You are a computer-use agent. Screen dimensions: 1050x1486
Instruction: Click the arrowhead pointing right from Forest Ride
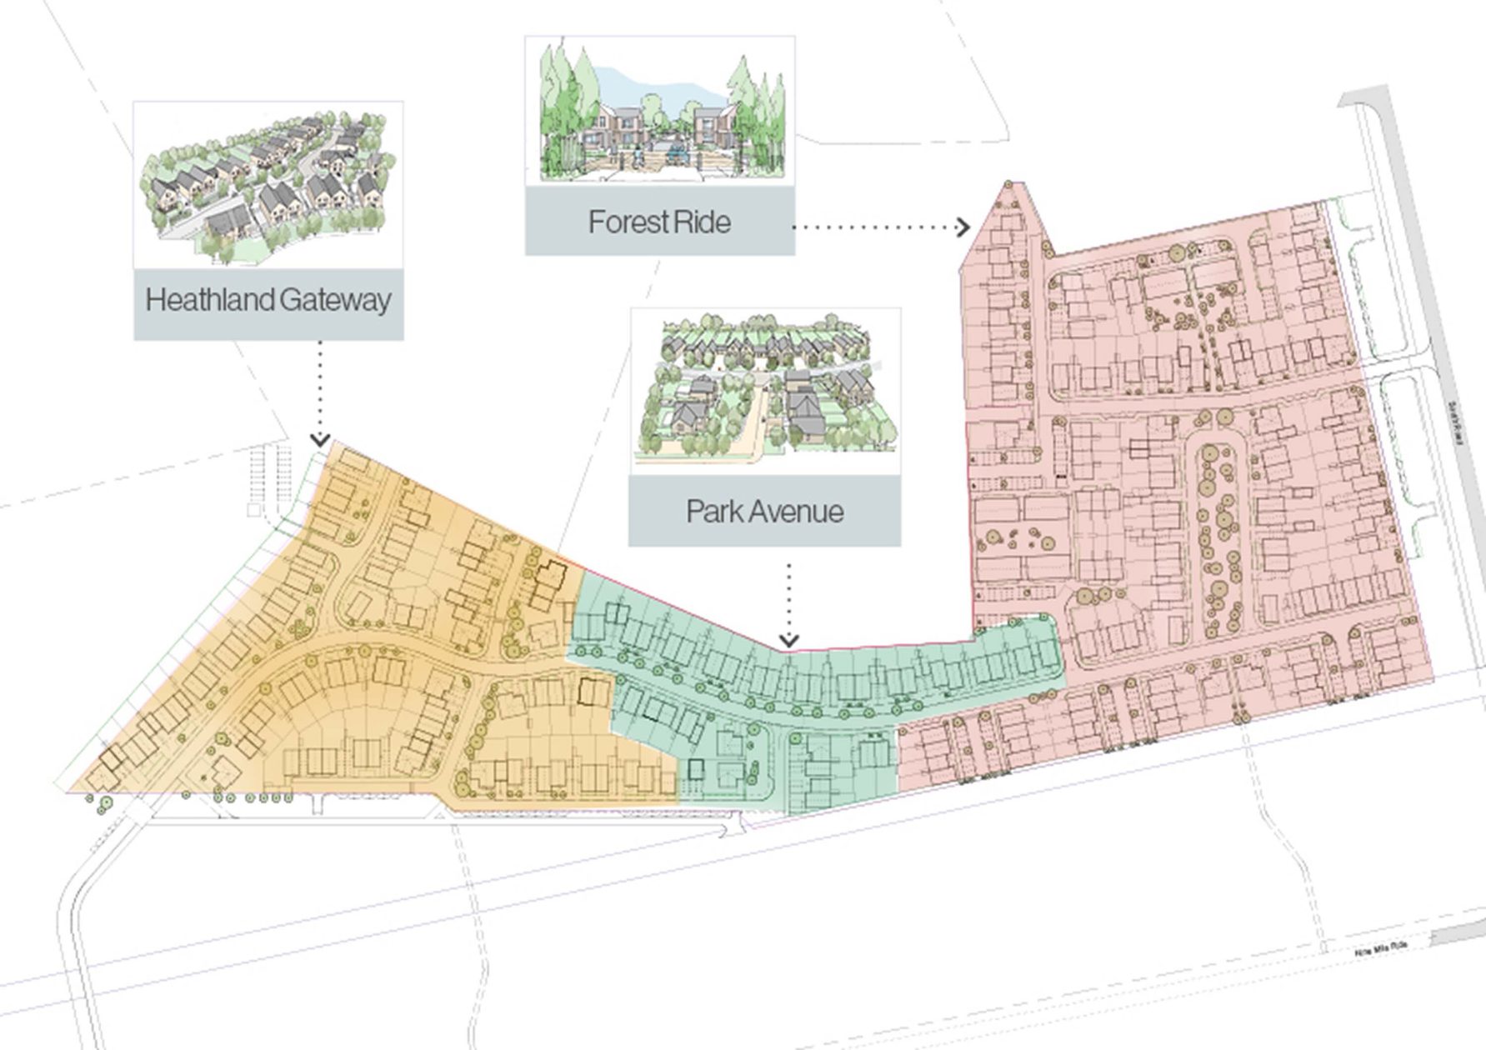point(963,227)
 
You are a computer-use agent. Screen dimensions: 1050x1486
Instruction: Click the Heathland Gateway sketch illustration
point(268,185)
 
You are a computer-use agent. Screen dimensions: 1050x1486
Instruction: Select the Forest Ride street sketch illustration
point(659,111)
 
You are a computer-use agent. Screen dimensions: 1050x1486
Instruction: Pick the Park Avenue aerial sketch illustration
point(765,390)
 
